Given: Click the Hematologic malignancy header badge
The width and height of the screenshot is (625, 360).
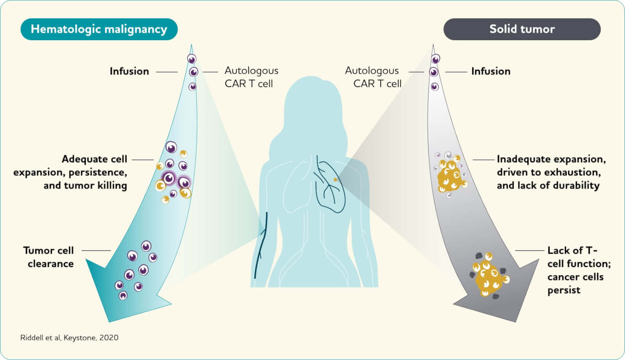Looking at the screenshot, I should coord(99,29).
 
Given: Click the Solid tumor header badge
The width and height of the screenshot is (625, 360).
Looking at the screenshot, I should coord(522,29).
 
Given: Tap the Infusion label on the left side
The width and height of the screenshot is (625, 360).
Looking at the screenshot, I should coord(129,71).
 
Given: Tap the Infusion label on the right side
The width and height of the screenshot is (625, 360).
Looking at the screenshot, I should coord(491,71).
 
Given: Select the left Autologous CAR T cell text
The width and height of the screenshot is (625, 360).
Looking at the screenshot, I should coord(251,77).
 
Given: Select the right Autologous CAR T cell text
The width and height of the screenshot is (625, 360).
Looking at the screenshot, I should coord(373,77).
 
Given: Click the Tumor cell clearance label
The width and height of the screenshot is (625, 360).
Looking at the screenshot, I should coord(49,257).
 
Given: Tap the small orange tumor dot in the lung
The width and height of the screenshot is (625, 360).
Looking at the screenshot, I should coord(335,180).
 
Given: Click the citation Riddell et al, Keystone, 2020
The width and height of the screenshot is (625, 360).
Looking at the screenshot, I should coord(69,338).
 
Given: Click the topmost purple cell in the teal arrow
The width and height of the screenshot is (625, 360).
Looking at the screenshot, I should coord(191,59).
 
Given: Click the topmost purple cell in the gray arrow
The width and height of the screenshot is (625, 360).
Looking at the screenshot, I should coord(436,59).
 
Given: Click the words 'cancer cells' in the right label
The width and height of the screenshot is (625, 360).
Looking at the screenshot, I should coord(575,277).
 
